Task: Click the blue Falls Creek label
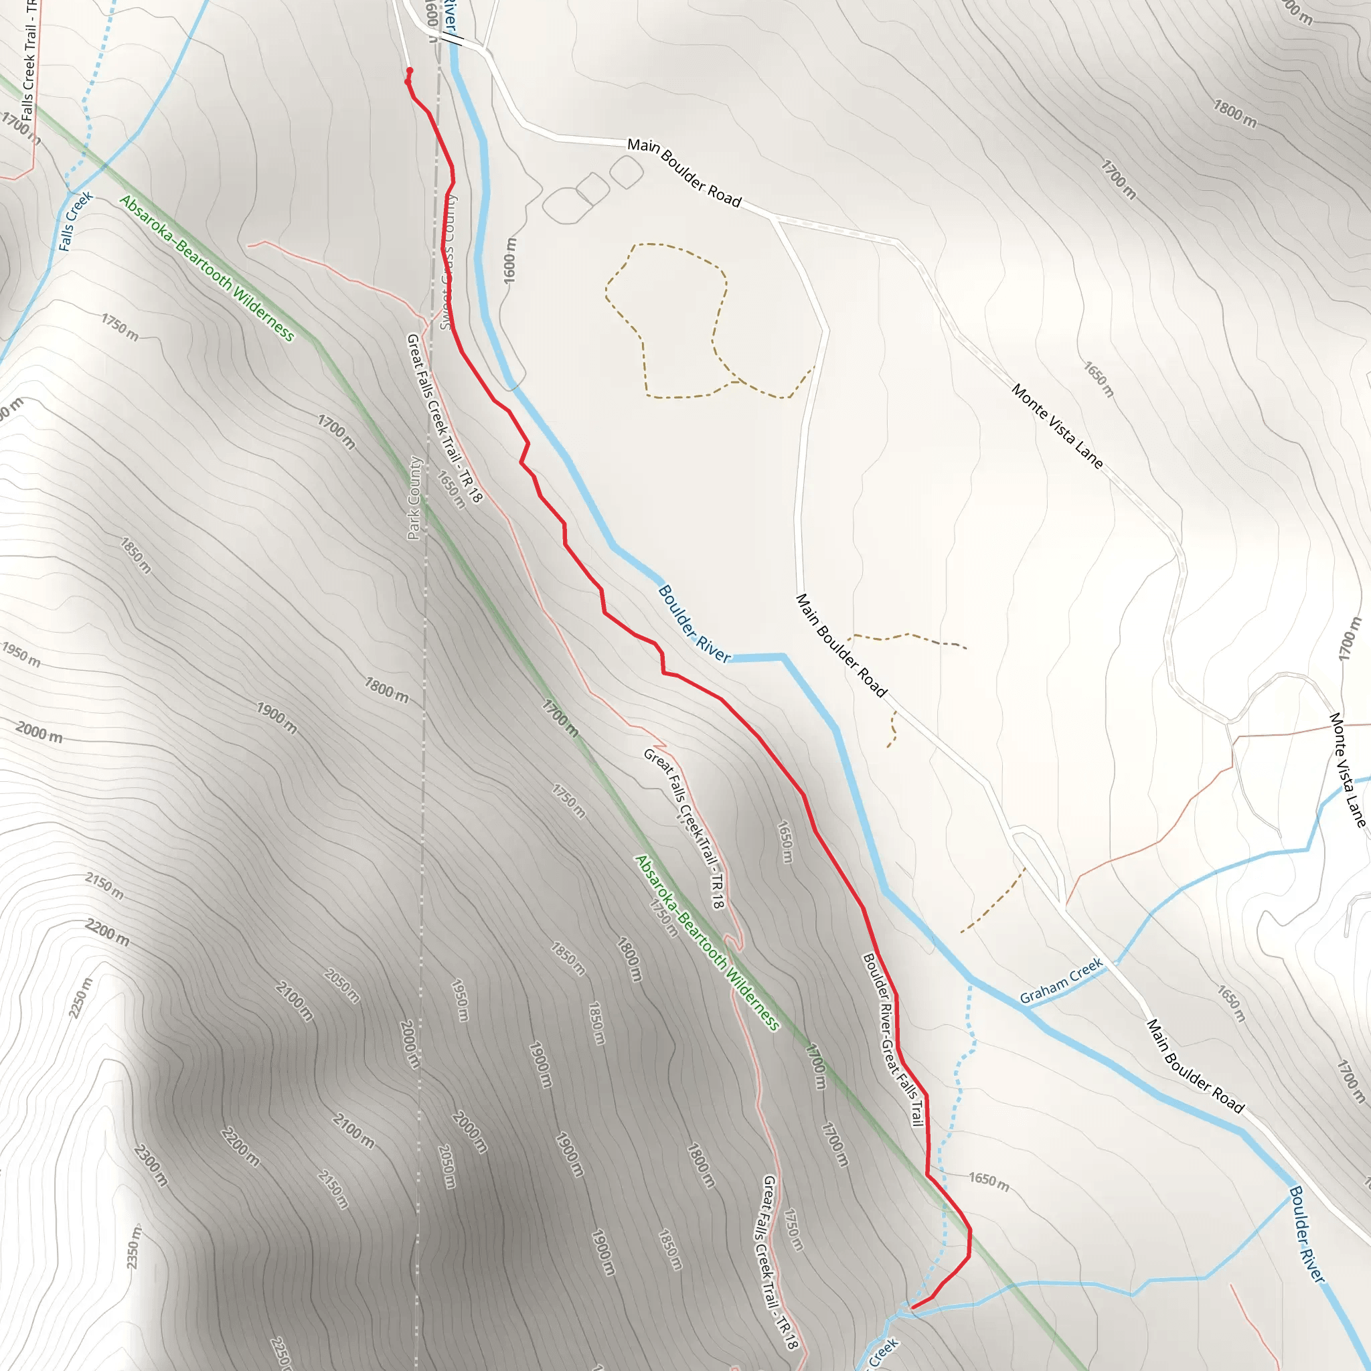pyautogui.click(x=75, y=221)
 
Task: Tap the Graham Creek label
pyautogui.click(x=1061, y=980)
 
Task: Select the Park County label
pyautogui.click(x=415, y=497)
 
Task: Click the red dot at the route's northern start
pyautogui.click(x=410, y=70)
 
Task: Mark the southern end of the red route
pyautogui.click(x=912, y=1307)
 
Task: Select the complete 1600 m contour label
pyautogui.click(x=510, y=261)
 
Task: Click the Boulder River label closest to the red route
pyautogui.click(x=694, y=624)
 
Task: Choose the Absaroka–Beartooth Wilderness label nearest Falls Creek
pyautogui.click(x=206, y=268)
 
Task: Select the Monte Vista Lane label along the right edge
pyautogui.click(x=1347, y=770)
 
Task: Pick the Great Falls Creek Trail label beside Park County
pyautogui.click(x=445, y=418)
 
